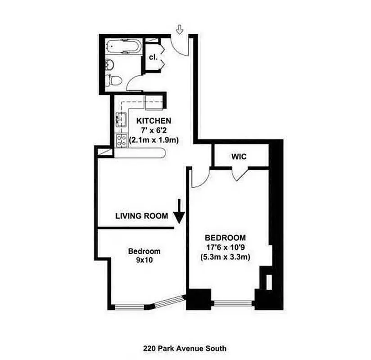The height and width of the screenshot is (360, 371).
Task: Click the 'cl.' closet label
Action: pyautogui.click(x=153, y=58)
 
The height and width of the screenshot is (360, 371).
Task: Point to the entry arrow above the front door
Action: pyautogui.click(x=180, y=30)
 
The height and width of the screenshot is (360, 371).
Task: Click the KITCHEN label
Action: pyautogui.click(x=154, y=121)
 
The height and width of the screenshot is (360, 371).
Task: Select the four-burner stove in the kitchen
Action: pyautogui.click(x=121, y=140)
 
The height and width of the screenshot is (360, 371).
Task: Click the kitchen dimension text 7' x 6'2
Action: pyautogui.click(x=154, y=130)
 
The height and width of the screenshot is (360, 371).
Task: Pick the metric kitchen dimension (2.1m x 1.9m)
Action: pyautogui.click(x=154, y=140)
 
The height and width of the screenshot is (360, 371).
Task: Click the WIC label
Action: pyautogui.click(x=239, y=157)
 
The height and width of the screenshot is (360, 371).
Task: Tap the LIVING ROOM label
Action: pyautogui.click(x=142, y=216)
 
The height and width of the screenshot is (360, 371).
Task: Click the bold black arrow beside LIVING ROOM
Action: pyautogui.click(x=179, y=212)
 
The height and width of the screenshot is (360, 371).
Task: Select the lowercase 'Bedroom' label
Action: pyautogui.click(x=144, y=251)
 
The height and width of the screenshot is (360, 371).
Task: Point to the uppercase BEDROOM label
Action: pyautogui.click(x=225, y=238)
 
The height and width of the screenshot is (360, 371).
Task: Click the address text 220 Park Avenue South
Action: pyautogui.click(x=185, y=348)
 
